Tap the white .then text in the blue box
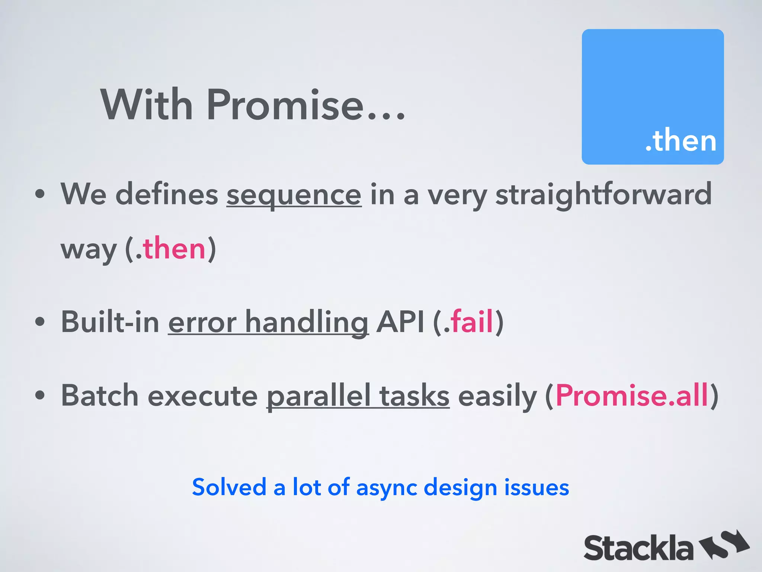coord(681,140)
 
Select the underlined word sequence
coord(294,195)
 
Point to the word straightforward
coord(603,194)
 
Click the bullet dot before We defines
coord(40,194)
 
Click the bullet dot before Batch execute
coord(40,395)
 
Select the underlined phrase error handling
coord(268,322)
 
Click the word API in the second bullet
coord(400,321)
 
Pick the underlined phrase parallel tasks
coord(358,396)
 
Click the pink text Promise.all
coord(631,395)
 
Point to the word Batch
coord(100,395)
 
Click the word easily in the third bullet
coord(497,396)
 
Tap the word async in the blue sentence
coord(387,488)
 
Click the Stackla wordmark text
coord(638,548)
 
